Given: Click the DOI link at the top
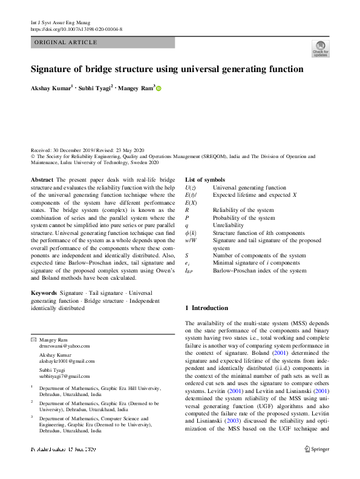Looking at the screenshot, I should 76,29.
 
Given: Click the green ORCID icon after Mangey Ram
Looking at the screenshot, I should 159,88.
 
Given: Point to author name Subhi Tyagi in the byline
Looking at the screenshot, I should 95,88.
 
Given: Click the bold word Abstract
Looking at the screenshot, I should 42,180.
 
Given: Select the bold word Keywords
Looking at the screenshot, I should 44,292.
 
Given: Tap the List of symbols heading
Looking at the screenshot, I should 205,180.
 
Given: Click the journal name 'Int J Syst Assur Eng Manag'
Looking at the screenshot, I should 60,22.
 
